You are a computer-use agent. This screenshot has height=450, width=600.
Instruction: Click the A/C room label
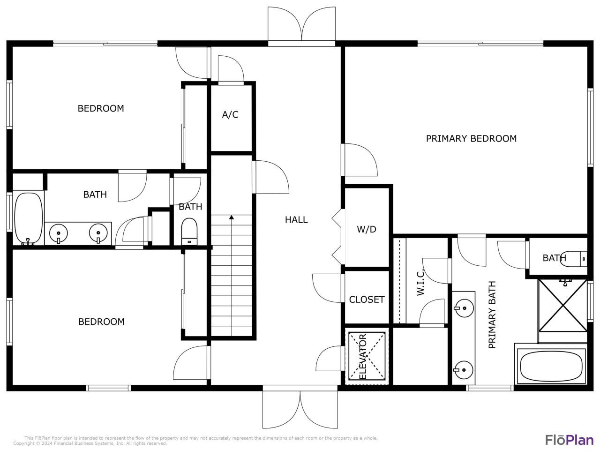230,114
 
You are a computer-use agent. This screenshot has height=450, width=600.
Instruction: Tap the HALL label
296,219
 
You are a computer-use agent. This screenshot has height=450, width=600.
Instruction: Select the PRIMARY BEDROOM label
471,138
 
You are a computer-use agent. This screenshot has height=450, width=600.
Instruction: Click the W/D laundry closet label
367,229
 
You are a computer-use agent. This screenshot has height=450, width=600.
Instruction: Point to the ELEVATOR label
362,357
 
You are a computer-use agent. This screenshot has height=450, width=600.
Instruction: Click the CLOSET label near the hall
367,299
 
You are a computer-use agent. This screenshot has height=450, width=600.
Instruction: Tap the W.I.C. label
420,282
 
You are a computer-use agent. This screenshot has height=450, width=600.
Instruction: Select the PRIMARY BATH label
492,315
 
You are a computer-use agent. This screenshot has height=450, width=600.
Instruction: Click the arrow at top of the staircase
232,217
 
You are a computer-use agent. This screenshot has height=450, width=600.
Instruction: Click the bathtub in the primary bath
551,367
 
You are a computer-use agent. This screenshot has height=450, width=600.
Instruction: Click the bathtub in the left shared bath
28,219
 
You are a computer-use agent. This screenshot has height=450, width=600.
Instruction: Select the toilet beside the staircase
190,231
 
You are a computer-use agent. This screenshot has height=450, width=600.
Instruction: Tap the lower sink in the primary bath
463,368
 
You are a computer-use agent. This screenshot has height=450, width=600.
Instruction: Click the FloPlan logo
569,440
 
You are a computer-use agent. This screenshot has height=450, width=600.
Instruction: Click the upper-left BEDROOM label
101,108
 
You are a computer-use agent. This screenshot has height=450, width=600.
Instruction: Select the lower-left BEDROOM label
101,322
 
